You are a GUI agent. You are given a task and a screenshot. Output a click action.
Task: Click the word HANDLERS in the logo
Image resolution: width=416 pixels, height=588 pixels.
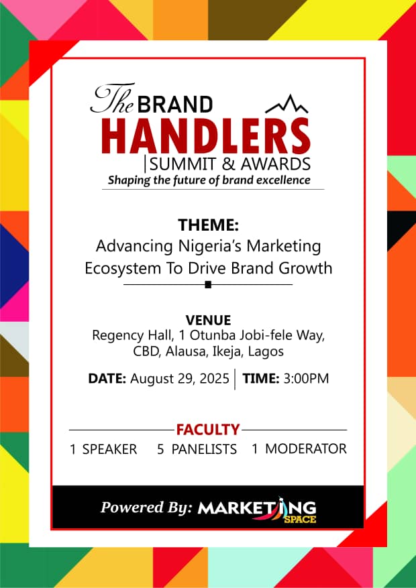pos(205,135)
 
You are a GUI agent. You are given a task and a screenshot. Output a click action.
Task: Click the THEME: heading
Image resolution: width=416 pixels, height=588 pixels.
pos(208,225)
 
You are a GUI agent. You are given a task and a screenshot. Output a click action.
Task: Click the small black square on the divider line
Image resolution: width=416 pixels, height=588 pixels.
pos(208,285)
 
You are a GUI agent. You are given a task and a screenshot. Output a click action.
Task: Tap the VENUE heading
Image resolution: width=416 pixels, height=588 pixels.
pos(208,320)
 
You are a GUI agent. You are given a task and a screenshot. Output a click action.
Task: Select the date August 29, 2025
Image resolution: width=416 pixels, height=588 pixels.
pos(179,379)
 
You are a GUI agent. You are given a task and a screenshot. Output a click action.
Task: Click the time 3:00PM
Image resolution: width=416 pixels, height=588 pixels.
pos(306,379)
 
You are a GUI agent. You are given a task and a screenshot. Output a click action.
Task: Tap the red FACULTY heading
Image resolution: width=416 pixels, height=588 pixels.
pos(208,430)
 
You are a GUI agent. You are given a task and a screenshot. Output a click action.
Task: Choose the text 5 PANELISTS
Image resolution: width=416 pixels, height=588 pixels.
pos(197,449)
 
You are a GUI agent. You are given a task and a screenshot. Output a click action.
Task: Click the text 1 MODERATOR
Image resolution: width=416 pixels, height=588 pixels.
pos(299,449)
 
